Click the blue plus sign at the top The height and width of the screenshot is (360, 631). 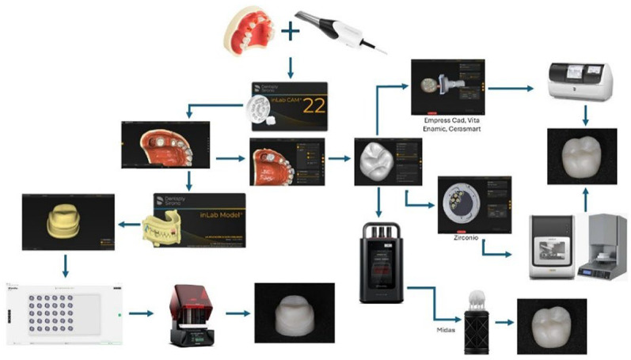[291, 31]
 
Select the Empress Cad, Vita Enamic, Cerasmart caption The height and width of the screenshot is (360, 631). [448, 123]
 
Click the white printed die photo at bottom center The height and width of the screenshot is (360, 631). [287, 312]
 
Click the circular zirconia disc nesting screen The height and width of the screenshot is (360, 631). [474, 204]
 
